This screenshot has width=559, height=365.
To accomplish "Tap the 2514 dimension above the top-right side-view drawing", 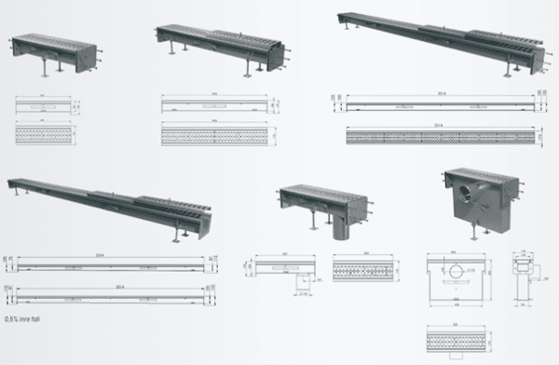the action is [432, 94].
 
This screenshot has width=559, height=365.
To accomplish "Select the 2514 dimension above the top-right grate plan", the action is [432, 126].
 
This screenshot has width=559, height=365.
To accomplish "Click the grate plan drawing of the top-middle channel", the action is [214, 137].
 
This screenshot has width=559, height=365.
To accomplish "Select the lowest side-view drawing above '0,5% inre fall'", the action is [112, 298].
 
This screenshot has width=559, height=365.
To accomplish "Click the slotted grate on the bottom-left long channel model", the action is [176, 210].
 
